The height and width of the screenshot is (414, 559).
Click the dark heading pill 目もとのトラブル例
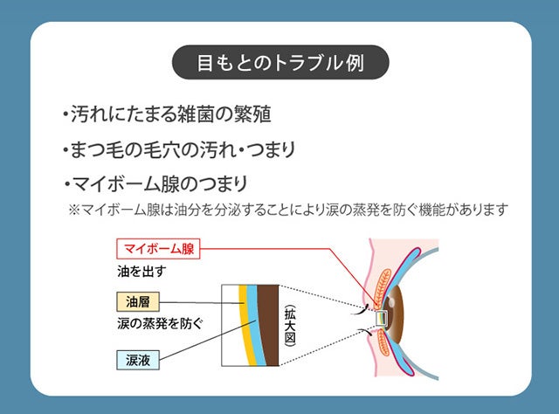coord(279,64)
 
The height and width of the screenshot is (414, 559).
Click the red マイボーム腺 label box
coord(154,249)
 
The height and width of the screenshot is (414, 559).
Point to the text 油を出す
coord(142,271)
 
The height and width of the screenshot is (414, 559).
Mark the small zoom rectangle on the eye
coord(382,318)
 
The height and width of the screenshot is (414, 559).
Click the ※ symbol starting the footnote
coord(73,210)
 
